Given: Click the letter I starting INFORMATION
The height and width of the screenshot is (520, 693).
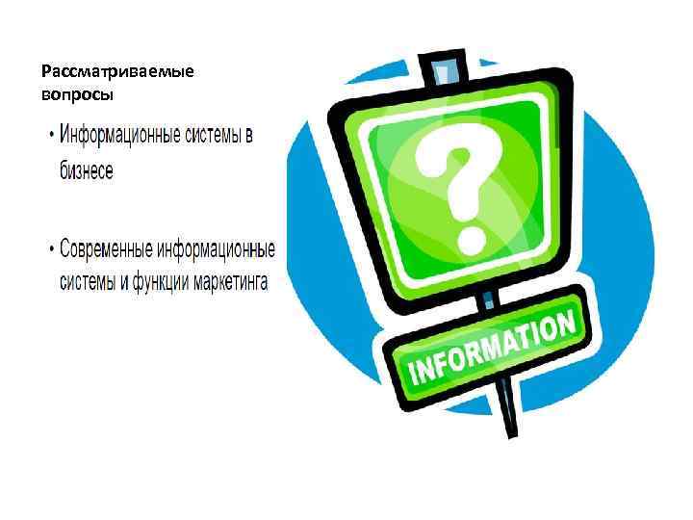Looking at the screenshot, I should pos(415,375).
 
